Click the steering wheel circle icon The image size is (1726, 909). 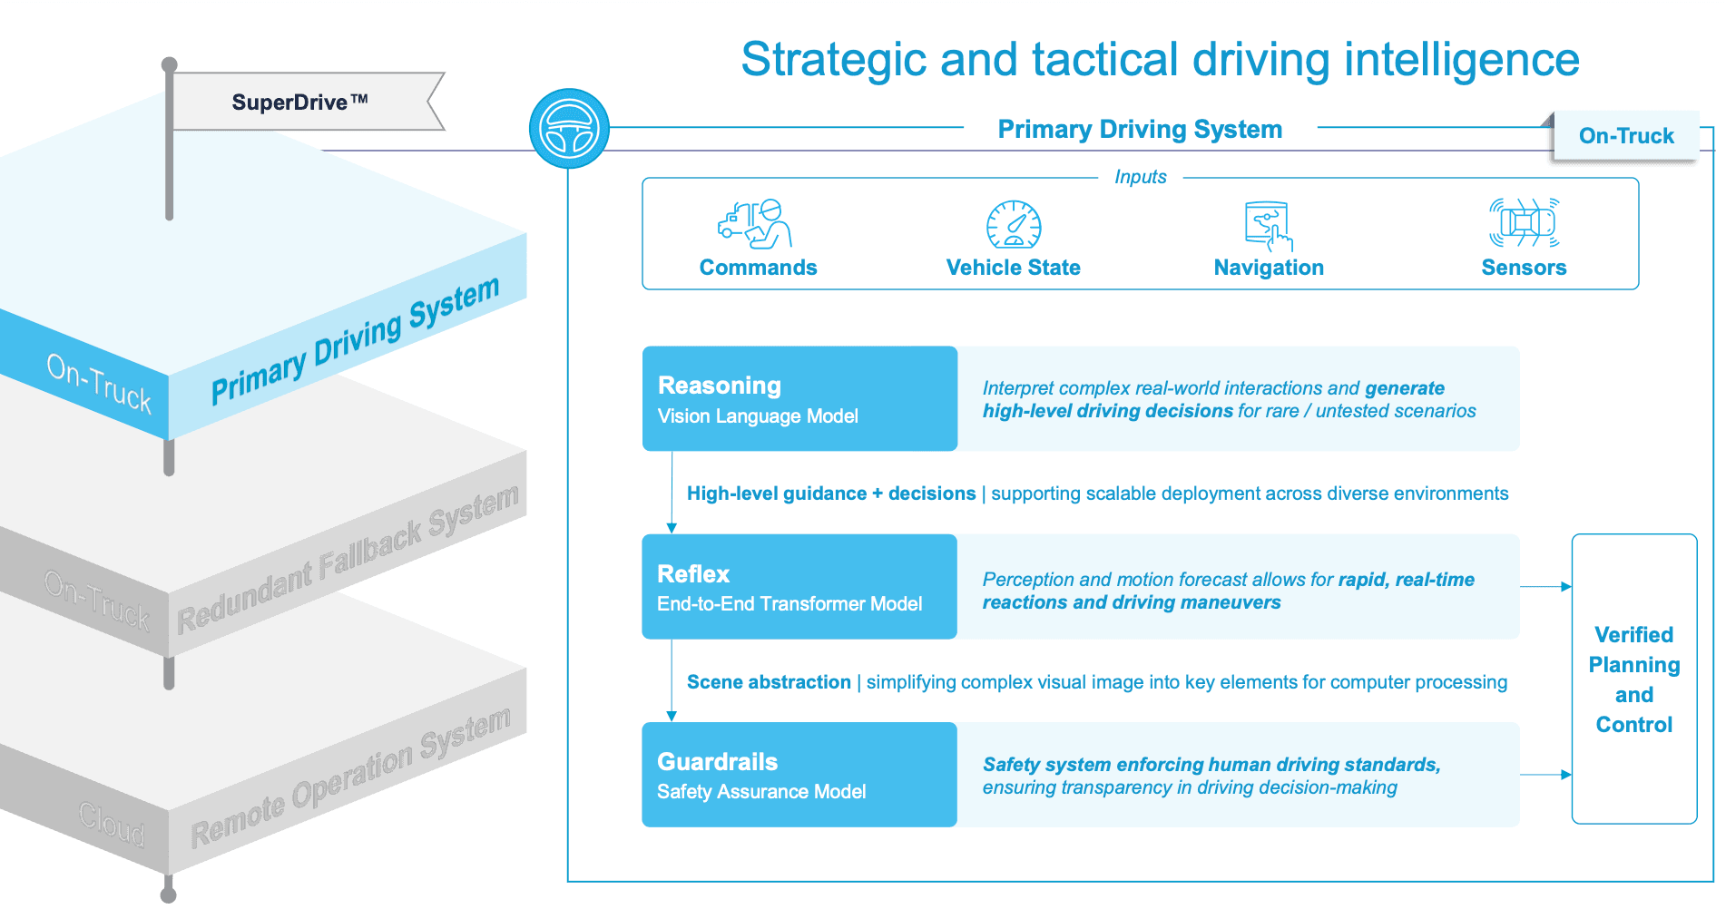click(569, 128)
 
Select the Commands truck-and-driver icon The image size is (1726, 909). click(755, 224)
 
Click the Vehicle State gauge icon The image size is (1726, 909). click(1014, 224)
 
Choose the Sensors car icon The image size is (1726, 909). click(1525, 222)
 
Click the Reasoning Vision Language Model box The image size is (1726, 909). click(799, 398)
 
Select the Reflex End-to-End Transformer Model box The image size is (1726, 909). click(799, 586)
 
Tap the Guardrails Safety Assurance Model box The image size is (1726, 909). click(799, 774)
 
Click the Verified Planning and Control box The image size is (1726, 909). click(1633, 679)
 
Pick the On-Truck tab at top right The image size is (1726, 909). click(1625, 136)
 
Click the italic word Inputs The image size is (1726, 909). click(1140, 177)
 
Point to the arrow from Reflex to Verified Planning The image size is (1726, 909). click(1545, 587)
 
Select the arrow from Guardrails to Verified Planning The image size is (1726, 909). click(1545, 775)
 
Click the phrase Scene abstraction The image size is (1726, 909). click(769, 682)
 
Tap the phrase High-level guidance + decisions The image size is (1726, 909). click(830, 494)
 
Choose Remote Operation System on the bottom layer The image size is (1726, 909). click(350, 777)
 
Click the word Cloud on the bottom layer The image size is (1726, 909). click(111, 823)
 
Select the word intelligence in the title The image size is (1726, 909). click(1461, 60)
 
